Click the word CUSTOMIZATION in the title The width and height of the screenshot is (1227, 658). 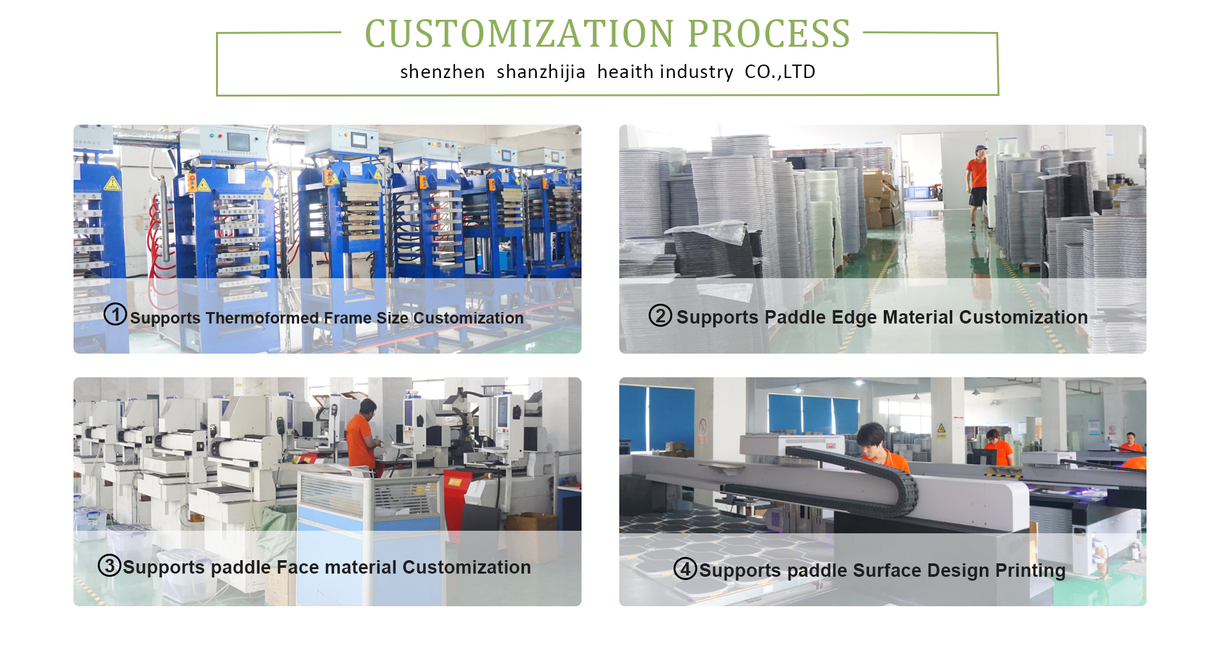[x=520, y=34]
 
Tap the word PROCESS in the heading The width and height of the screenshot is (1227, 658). [x=769, y=34]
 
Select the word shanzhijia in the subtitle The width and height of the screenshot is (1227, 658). [x=541, y=72]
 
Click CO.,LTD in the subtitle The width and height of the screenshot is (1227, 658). [x=780, y=72]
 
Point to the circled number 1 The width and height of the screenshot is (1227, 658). [x=115, y=314]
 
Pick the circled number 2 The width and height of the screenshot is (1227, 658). [x=660, y=315]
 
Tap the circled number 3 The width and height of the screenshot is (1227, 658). [x=109, y=565]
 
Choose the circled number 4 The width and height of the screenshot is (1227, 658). [x=685, y=568]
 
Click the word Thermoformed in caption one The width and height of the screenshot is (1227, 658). [x=262, y=318]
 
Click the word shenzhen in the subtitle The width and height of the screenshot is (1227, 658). [x=442, y=72]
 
